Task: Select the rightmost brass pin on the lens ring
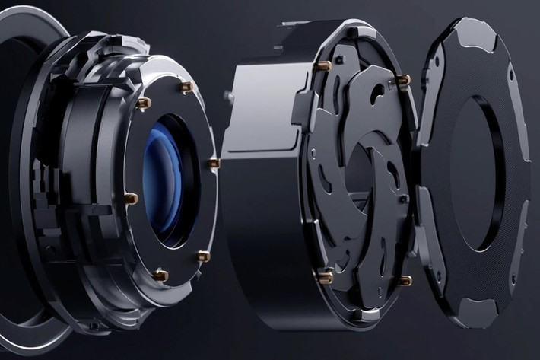pos(213,163)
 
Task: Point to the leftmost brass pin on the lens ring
pos(131,199)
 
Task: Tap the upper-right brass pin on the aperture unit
pos(403,79)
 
